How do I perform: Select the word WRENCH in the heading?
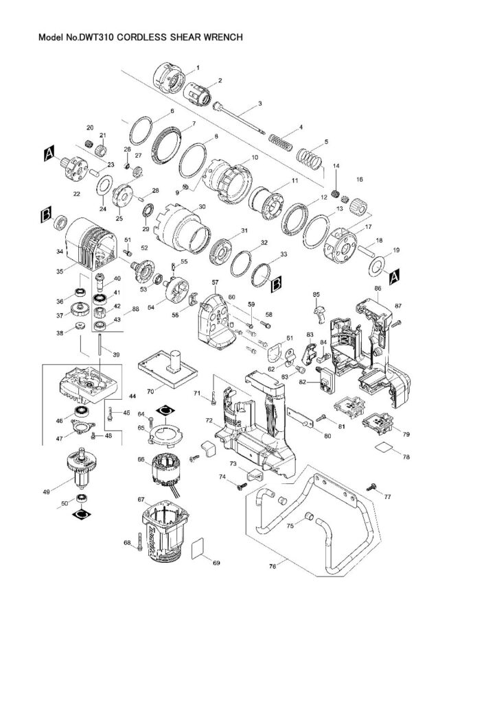point(220,39)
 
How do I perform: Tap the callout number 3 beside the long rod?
point(259,104)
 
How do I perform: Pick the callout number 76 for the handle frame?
point(273,566)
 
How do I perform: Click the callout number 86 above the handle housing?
point(377,289)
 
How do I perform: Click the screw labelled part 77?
point(373,485)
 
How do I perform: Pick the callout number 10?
point(255,157)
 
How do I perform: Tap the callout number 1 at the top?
point(198,68)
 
